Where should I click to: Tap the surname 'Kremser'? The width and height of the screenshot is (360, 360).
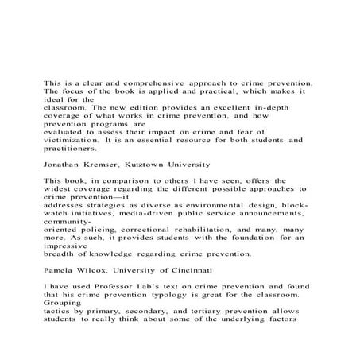(x=114, y=166)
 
